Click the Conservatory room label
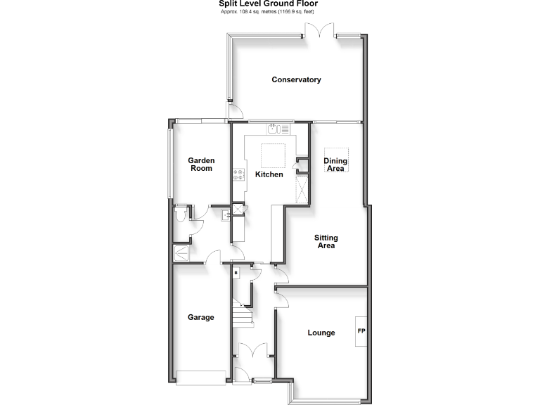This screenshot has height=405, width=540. pos(296,79)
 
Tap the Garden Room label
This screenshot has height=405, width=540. pos(201,165)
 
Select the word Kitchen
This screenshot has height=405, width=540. pos(269,174)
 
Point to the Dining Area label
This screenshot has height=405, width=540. pos(335,165)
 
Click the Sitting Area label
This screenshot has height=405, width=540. pos(326,242)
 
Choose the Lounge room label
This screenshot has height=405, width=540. pos(321,333)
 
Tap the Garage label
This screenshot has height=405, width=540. pos(200,317)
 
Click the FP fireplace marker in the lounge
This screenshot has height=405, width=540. pos(361,331)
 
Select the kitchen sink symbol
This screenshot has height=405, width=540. pos(274,129)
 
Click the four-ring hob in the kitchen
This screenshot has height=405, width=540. pos(239,176)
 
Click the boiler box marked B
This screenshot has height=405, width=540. pos(236,272)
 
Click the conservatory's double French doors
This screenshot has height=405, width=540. pos(320,30)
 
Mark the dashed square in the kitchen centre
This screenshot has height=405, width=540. pos(272,153)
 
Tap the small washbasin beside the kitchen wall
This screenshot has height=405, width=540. pos(226,215)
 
